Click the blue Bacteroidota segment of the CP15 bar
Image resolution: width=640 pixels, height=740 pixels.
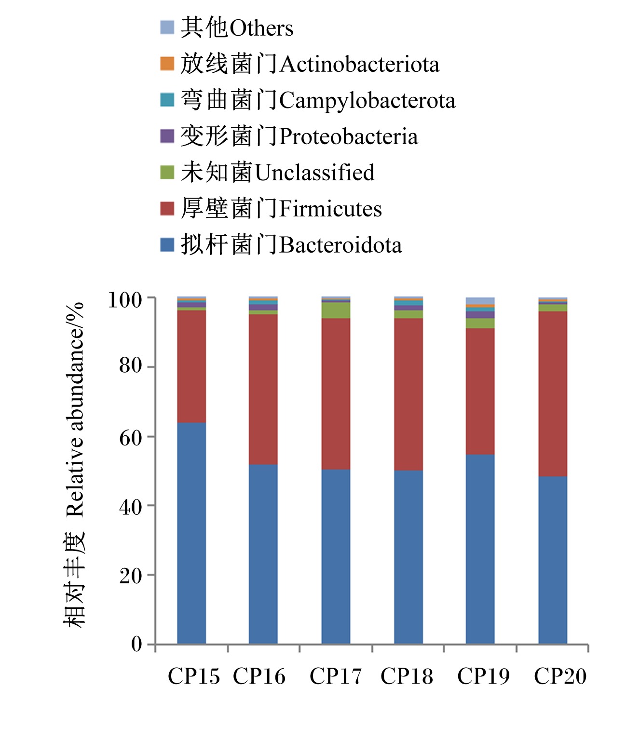click(191, 533)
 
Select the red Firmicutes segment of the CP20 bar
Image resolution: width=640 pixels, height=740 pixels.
click(553, 394)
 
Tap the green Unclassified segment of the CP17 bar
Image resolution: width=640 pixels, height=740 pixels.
click(336, 310)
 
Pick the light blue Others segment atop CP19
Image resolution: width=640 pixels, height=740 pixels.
click(480, 301)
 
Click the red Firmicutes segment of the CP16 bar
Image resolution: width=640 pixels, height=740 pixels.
click(263, 390)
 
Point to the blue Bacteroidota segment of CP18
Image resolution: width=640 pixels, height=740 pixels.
click(409, 557)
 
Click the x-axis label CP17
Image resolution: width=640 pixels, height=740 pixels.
click(336, 676)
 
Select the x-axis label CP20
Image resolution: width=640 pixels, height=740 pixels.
click(560, 676)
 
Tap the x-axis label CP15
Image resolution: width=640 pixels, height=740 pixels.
click(194, 676)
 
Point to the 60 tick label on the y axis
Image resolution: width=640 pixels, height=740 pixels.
click(131, 437)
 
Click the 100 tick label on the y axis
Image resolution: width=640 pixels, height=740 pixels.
click(125, 300)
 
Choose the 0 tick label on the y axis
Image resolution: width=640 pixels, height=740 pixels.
click(136, 644)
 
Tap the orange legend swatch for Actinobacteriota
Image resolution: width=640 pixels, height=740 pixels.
click(167, 64)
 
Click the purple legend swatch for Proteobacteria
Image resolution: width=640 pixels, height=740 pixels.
click(167, 136)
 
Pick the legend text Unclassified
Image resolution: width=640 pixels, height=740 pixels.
click(315, 172)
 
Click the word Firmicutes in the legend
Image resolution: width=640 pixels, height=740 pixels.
click(330, 208)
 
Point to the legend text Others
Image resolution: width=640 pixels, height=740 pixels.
click(261, 27)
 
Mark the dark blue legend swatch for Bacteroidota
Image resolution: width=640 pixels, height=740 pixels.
click(167, 245)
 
